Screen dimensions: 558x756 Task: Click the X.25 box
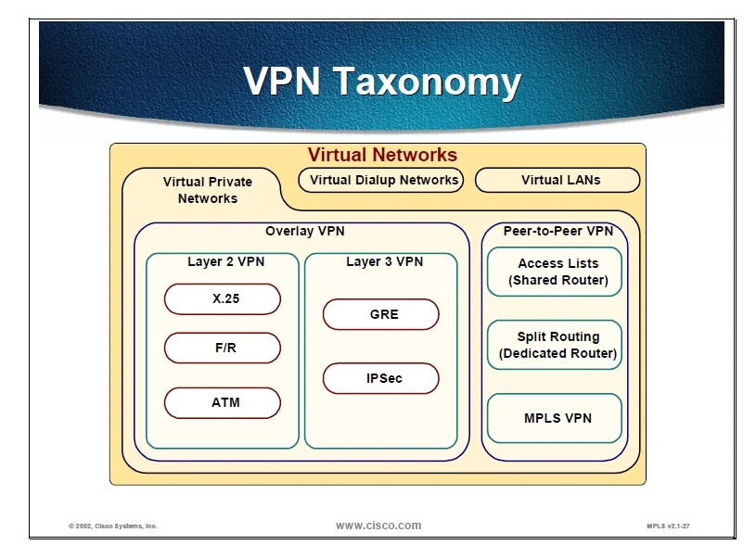click(222, 299)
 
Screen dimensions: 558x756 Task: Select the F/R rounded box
click(222, 349)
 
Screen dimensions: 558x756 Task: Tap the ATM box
click(222, 403)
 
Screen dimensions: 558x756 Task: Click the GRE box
click(380, 314)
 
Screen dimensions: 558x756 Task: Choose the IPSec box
click(380, 378)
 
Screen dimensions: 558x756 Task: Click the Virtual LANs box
click(557, 180)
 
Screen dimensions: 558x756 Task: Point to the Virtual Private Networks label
click(208, 190)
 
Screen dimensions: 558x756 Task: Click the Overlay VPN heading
click(304, 232)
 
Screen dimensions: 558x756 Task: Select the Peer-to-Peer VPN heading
click(557, 232)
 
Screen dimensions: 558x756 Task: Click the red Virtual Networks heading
click(382, 155)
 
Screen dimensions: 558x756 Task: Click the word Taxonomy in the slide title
click(429, 82)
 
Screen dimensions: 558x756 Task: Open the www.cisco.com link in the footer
click(378, 526)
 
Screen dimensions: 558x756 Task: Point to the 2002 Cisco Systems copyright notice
click(113, 526)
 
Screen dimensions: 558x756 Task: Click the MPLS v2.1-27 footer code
click(668, 526)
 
